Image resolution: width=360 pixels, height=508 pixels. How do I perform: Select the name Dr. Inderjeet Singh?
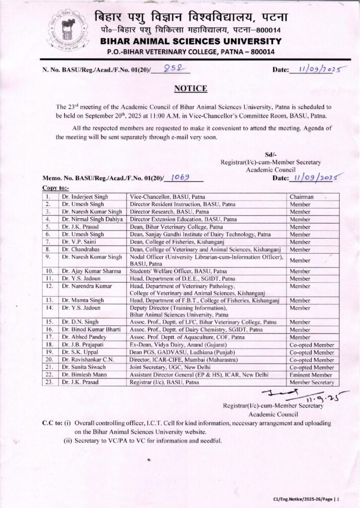(83, 197)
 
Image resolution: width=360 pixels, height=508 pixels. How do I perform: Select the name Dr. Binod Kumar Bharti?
(91, 329)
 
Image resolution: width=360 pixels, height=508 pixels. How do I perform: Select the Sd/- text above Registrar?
(272, 155)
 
